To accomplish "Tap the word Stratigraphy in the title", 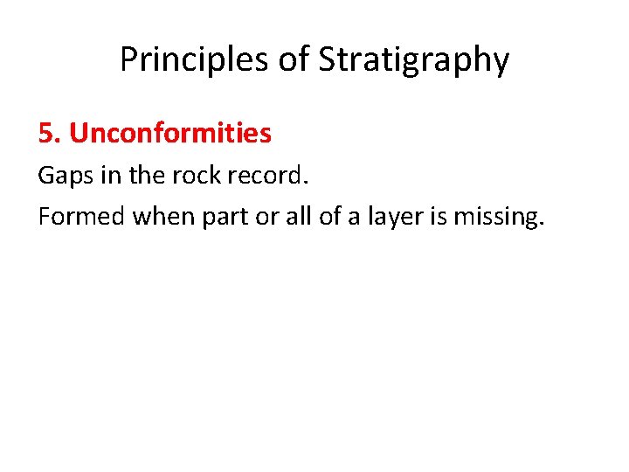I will click(x=413, y=59).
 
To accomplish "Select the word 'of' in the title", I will click(x=292, y=59).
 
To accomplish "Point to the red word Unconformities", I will click(x=170, y=133).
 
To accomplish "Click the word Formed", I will click(x=81, y=216).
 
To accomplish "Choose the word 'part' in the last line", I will click(x=225, y=217).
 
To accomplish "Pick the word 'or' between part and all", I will click(x=265, y=217).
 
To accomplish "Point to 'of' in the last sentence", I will click(x=328, y=216).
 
